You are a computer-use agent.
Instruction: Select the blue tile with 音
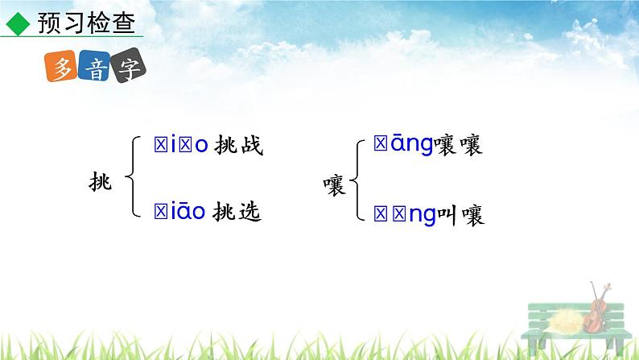[x=97, y=68]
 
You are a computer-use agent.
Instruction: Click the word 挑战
[x=238, y=146]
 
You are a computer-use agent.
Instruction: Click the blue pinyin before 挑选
[x=180, y=212]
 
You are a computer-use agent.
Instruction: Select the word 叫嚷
[x=460, y=214]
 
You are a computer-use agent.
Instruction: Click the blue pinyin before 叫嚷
[x=402, y=214]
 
